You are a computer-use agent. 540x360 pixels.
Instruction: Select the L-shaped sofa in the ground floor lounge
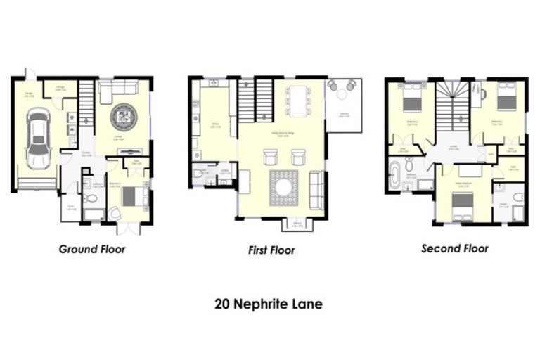pos(117,89)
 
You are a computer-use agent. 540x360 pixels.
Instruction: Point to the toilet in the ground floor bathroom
pos(89,200)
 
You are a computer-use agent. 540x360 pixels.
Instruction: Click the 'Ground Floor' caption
pos(92,249)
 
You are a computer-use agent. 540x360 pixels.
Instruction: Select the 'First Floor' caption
pos(271,250)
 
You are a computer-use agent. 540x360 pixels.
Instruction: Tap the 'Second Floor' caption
pos(454,248)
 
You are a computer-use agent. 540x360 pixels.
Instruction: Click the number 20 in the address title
pos(223,305)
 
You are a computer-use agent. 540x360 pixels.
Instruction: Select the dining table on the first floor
pos(298,101)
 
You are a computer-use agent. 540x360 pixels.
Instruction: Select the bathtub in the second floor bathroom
pos(394,175)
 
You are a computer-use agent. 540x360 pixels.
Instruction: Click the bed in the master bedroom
pos(461,202)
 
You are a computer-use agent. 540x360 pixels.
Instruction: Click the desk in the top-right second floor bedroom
pos(476,92)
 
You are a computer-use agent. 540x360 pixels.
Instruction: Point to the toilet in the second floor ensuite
pos(517,198)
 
